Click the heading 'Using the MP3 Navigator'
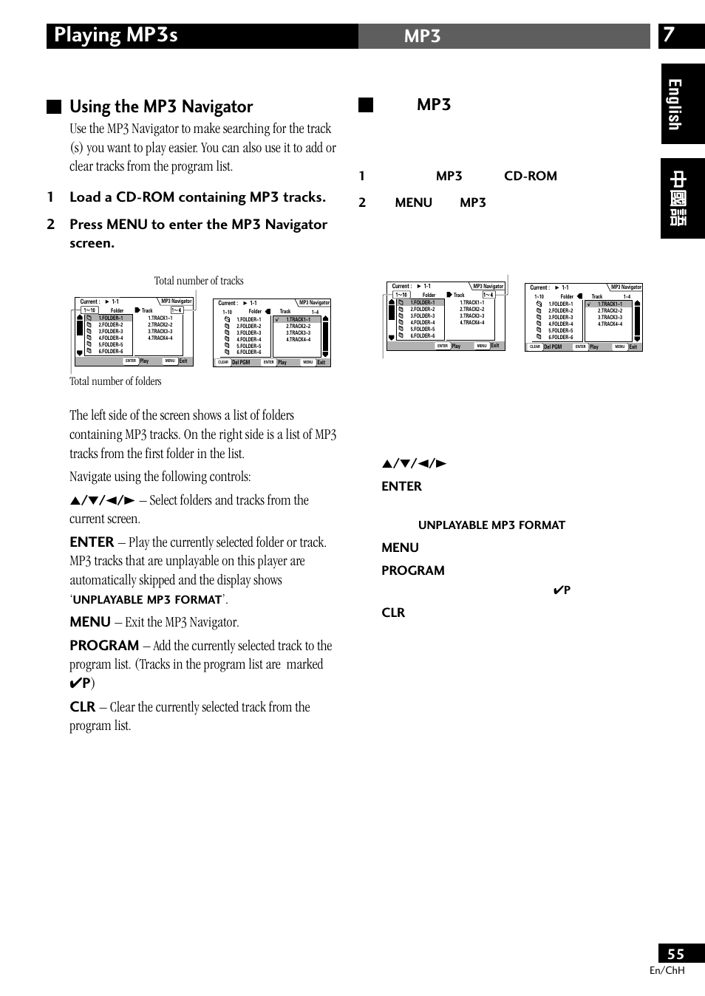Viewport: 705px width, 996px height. point(161,106)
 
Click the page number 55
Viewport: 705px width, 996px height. point(675,954)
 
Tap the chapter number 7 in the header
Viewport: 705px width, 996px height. point(669,35)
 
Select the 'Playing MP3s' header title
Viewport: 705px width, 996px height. point(116,35)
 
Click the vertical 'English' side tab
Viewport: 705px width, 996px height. point(675,104)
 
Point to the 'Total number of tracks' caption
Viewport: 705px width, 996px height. point(199,281)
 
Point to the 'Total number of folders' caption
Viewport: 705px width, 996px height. point(115,381)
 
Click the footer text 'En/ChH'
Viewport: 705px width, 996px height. point(667,970)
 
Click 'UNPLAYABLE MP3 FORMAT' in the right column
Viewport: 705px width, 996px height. point(491,525)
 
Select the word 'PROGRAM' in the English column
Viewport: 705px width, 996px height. point(104,645)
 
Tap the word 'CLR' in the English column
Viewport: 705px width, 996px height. point(82,706)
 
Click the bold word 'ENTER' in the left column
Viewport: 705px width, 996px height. point(92,542)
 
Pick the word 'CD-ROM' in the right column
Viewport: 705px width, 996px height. point(531,176)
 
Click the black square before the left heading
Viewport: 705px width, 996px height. point(54,106)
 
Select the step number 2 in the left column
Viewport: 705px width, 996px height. point(50,225)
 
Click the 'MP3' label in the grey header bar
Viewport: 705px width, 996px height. point(422,36)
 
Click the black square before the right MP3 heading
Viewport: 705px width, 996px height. point(366,105)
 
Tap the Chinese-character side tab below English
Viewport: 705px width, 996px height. point(681,198)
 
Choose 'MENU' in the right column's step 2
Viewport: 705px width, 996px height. point(413,202)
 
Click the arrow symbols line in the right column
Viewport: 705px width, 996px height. point(415,463)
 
